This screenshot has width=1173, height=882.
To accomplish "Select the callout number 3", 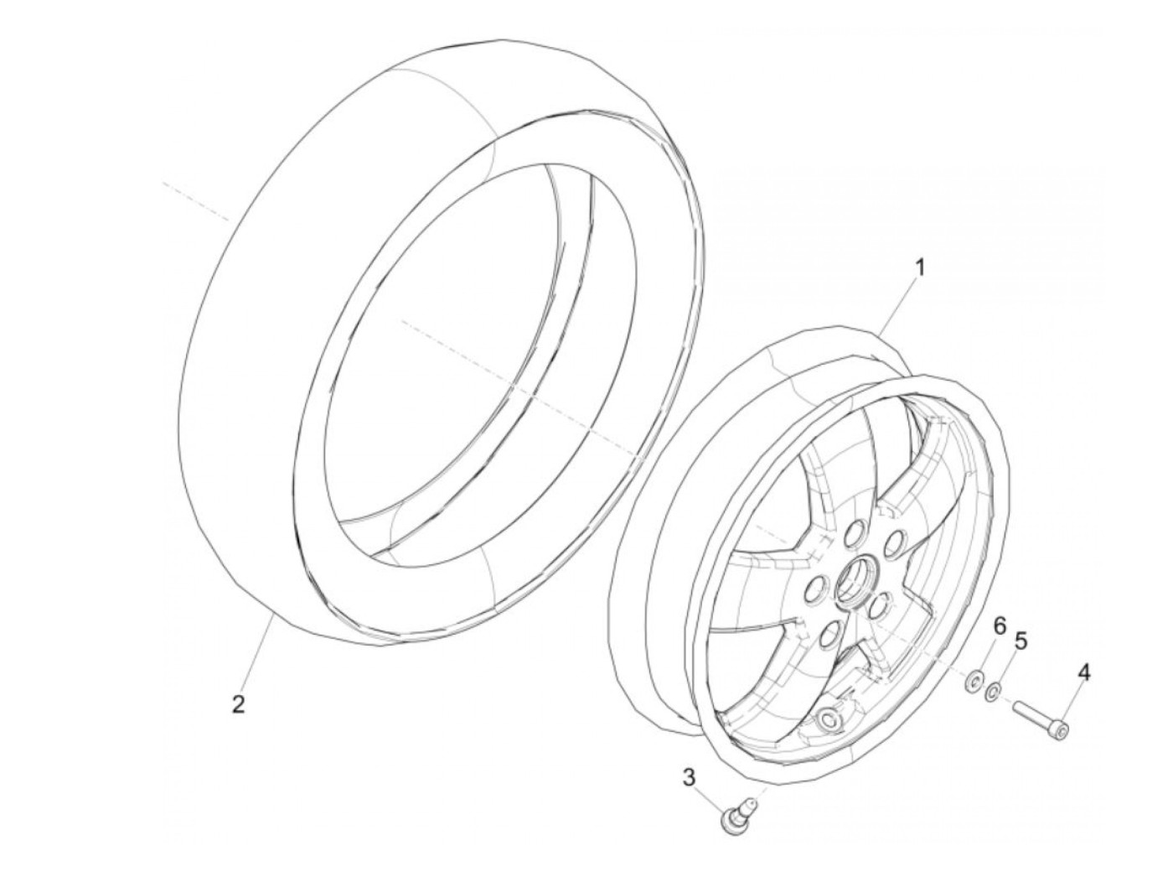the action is coord(689,778).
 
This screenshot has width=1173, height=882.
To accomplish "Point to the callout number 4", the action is coord(1084,672).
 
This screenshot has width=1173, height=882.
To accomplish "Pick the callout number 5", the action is coord(1020,642).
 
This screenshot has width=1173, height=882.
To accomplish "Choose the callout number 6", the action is coord(999,625).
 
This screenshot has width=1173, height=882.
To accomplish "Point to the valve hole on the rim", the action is coord(830,719).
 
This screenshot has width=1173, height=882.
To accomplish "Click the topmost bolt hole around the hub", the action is coord(855,532).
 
